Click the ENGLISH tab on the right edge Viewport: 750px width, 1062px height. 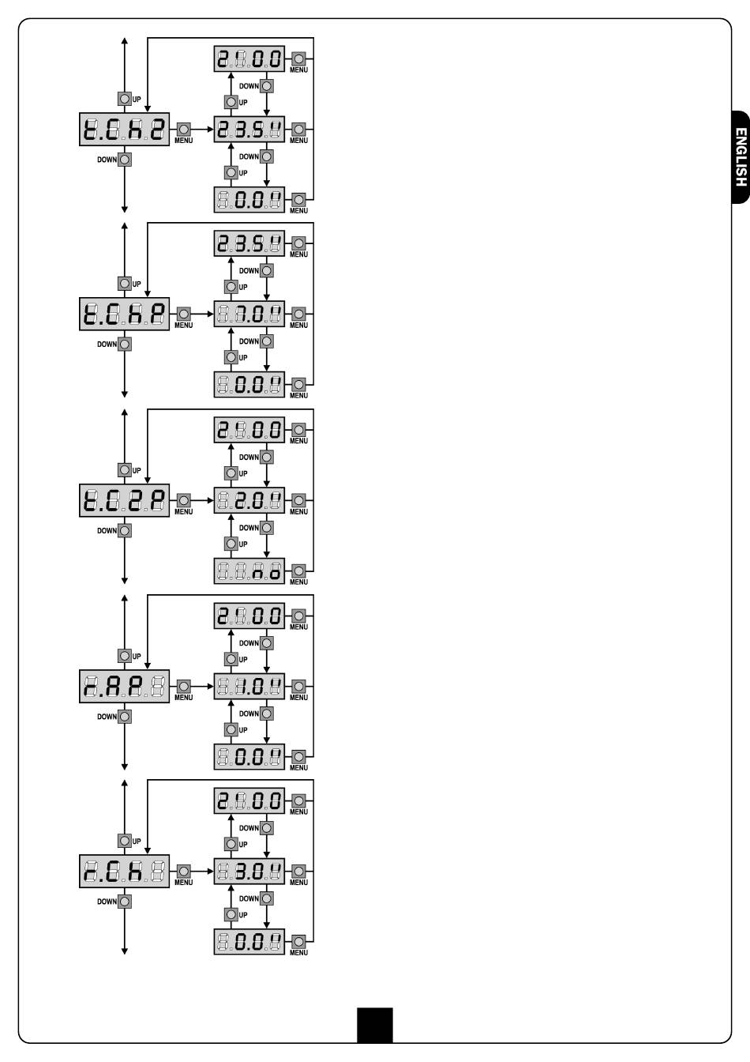pos(740,156)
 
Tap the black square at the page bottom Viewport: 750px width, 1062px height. pos(374,1025)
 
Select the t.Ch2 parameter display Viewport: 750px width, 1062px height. pos(125,129)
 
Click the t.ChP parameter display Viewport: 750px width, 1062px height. pos(125,314)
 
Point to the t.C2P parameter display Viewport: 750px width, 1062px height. pos(125,501)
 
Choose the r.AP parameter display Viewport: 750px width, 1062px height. pos(125,687)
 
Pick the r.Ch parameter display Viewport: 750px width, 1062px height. pos(125,872)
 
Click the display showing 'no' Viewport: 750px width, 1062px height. pos(249,571)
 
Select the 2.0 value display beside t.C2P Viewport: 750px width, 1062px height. pos(249,501)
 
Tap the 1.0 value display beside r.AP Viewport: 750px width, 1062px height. pos(249,687)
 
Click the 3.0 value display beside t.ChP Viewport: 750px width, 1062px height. pos(249,314)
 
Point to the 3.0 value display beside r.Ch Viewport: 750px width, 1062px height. pos(249,872)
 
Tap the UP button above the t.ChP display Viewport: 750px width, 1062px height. pos(125,284)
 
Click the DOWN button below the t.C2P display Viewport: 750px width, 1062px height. pos(125,531)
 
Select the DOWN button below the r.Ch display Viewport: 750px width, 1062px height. pos(125,902)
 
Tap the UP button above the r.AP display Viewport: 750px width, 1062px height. pos(125,656)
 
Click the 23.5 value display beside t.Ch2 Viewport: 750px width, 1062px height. pos(249,129)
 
